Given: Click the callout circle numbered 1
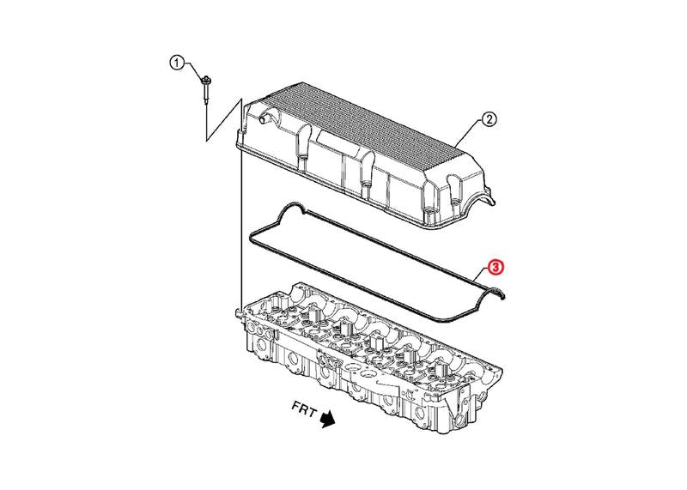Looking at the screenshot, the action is point(177,63).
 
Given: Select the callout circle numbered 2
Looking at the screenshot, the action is point(489,119).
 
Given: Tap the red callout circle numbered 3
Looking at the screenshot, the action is point(495,267).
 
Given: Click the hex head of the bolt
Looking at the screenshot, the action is point(204,81).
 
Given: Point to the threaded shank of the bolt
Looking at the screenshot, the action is point(205,95).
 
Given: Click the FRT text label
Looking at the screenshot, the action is point(304,411).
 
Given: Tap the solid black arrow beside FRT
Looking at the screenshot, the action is point(327,419).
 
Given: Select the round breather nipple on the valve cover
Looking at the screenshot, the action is point(264,118).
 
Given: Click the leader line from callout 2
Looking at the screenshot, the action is point(468,132).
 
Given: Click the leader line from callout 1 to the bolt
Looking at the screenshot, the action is point(193,70).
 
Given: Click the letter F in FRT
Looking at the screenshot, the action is point(296,408).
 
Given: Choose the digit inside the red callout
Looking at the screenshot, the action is point(495,267).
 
